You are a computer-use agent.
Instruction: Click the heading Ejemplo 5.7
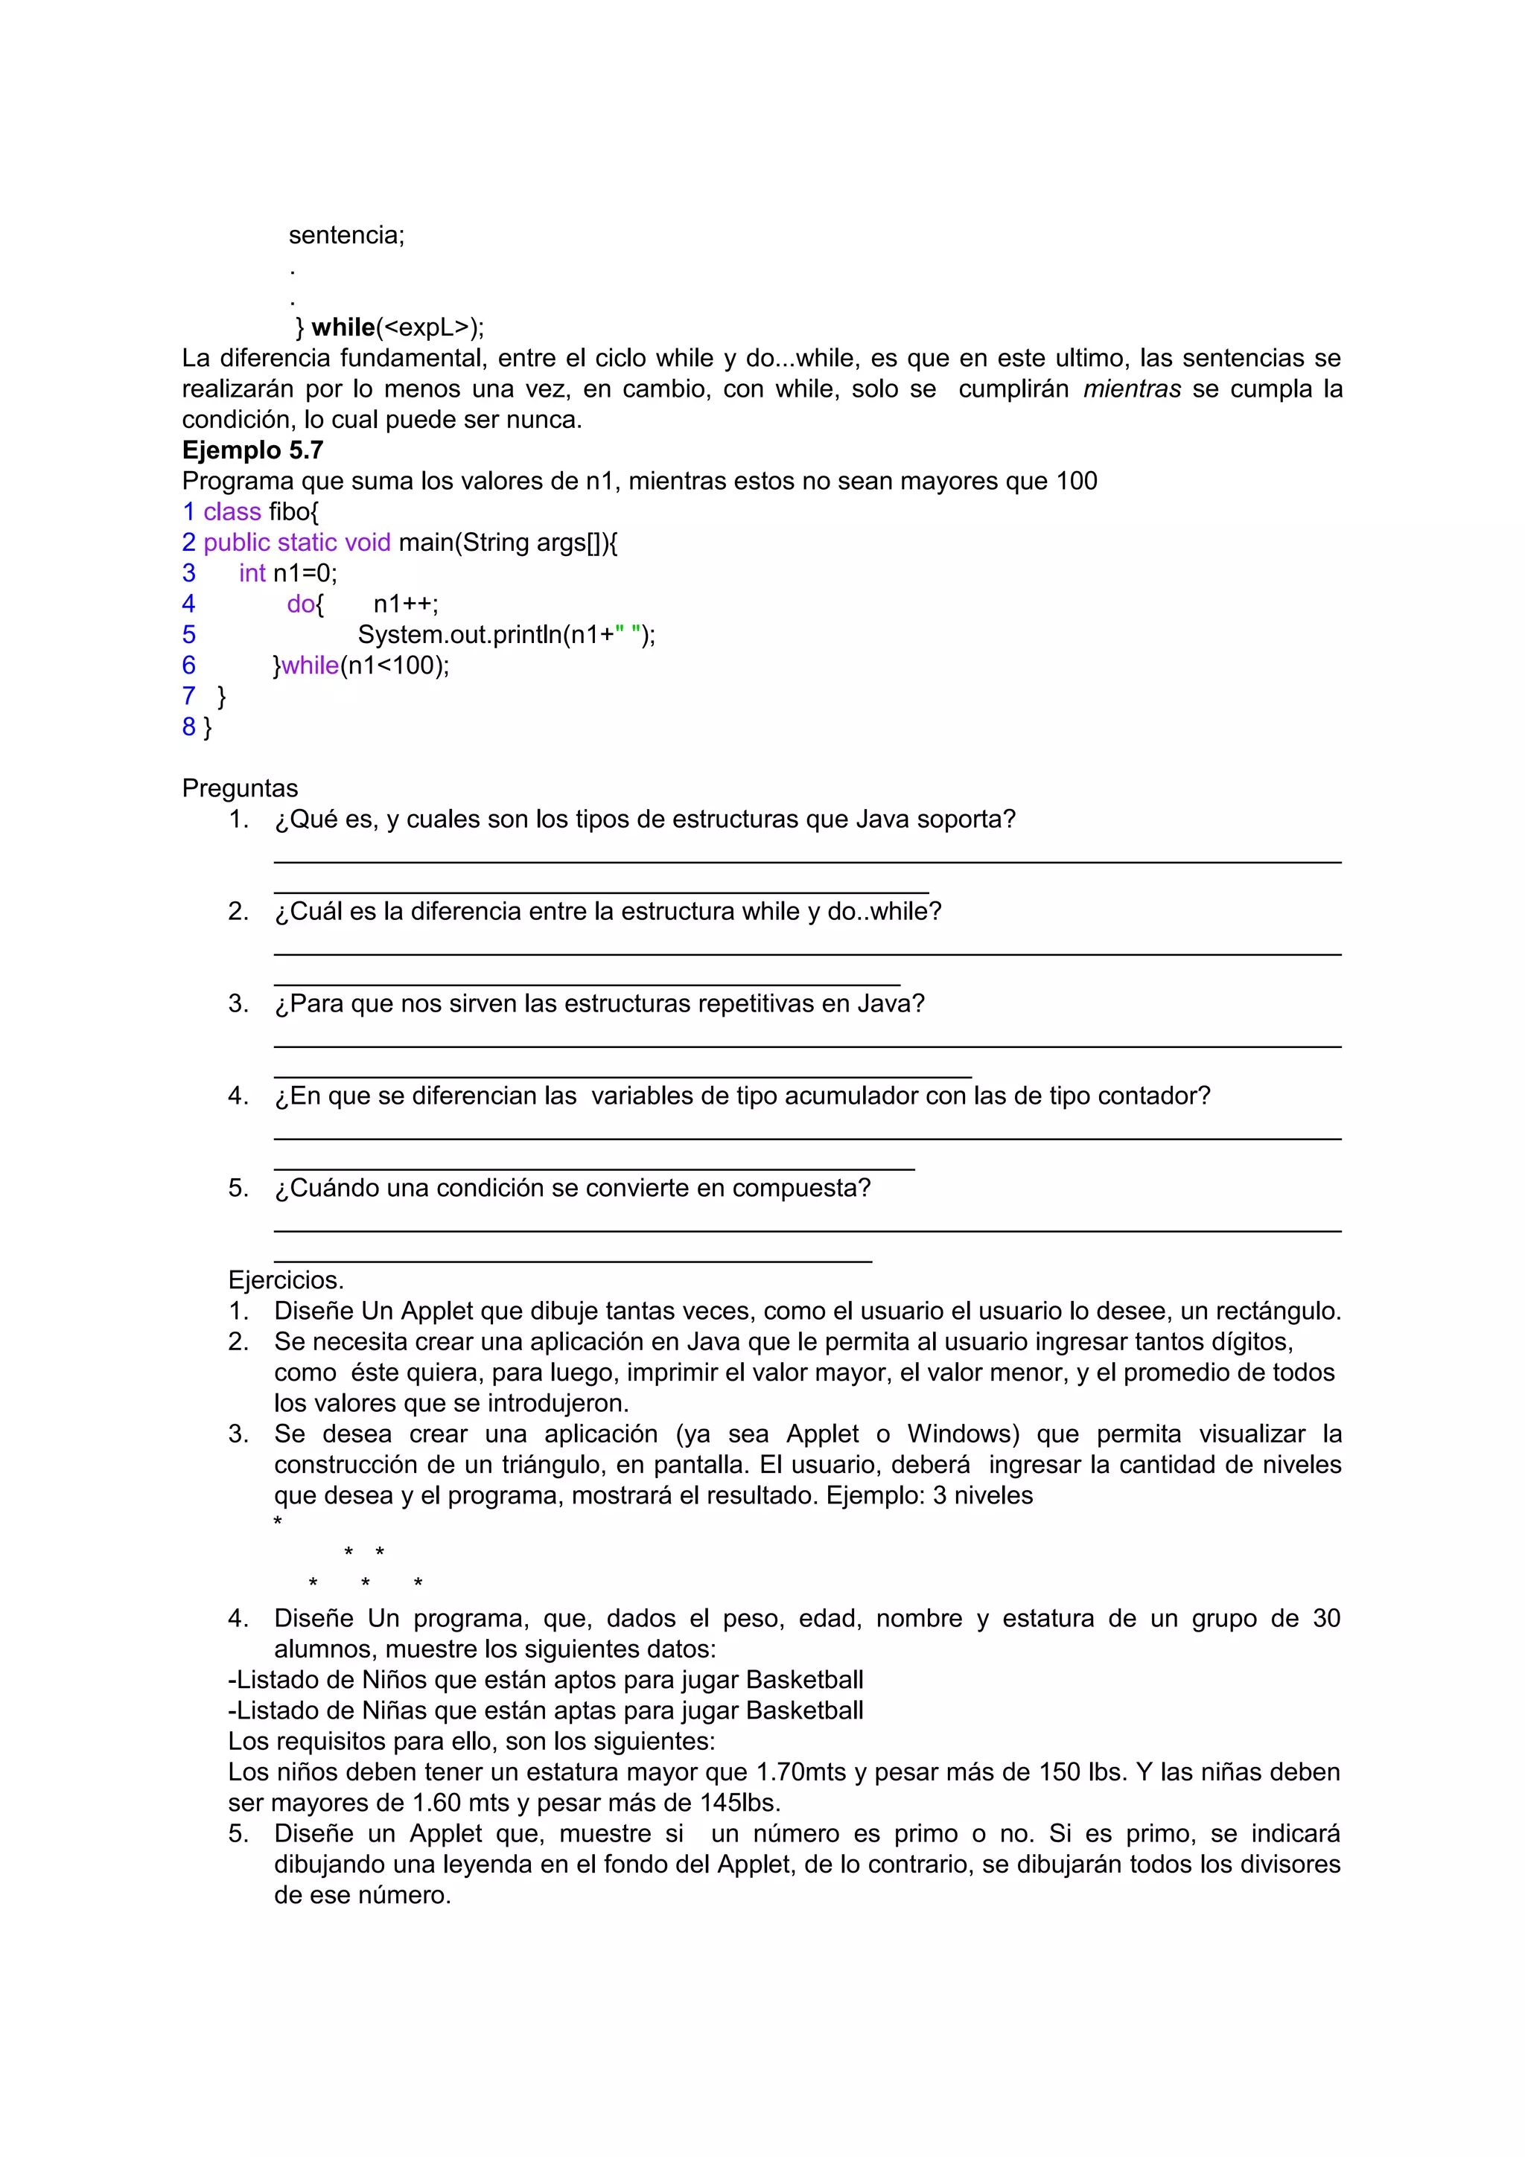point(252,450)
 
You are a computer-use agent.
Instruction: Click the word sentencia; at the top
point(346,235)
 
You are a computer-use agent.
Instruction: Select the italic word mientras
point(1131,389)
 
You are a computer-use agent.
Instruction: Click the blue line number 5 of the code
point(189,634)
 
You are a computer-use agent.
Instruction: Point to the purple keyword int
point(252,573)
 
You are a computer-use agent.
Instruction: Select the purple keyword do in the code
point(301,604)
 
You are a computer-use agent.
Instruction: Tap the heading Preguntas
point(240,788)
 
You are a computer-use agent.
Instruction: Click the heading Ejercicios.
point(286,1279)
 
